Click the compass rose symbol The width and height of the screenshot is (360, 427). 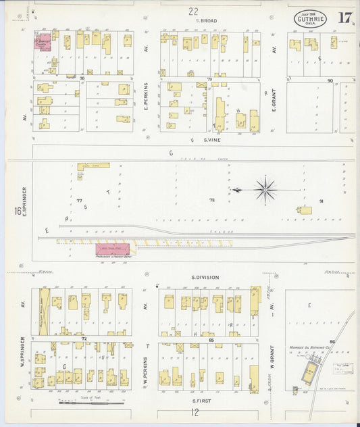point(265,190)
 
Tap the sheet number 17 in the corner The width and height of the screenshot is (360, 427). point(344,18)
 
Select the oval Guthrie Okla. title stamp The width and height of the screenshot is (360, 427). point(310,19)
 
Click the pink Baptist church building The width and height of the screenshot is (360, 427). point(43,42)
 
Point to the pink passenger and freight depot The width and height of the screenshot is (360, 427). point(112,249)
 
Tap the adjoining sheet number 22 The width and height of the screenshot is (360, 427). point(194,11)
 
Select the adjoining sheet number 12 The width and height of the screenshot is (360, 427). point(195,412)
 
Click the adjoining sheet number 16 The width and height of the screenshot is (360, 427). point(16,211)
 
